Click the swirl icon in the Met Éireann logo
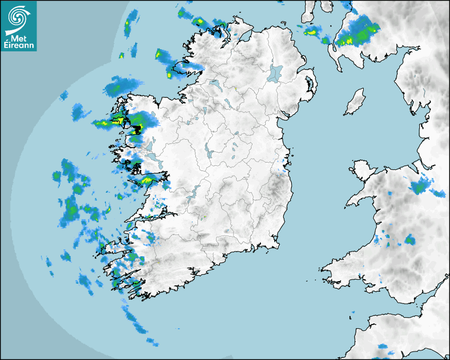point(18,16)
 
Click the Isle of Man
point(355,102)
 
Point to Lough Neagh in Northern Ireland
point(275,73)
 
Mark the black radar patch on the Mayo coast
point(138,129)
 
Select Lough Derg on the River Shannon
point(195,191)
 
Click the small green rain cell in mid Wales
point(409,240)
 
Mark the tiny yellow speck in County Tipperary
point(204,217)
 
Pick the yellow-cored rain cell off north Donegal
point(200,22)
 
